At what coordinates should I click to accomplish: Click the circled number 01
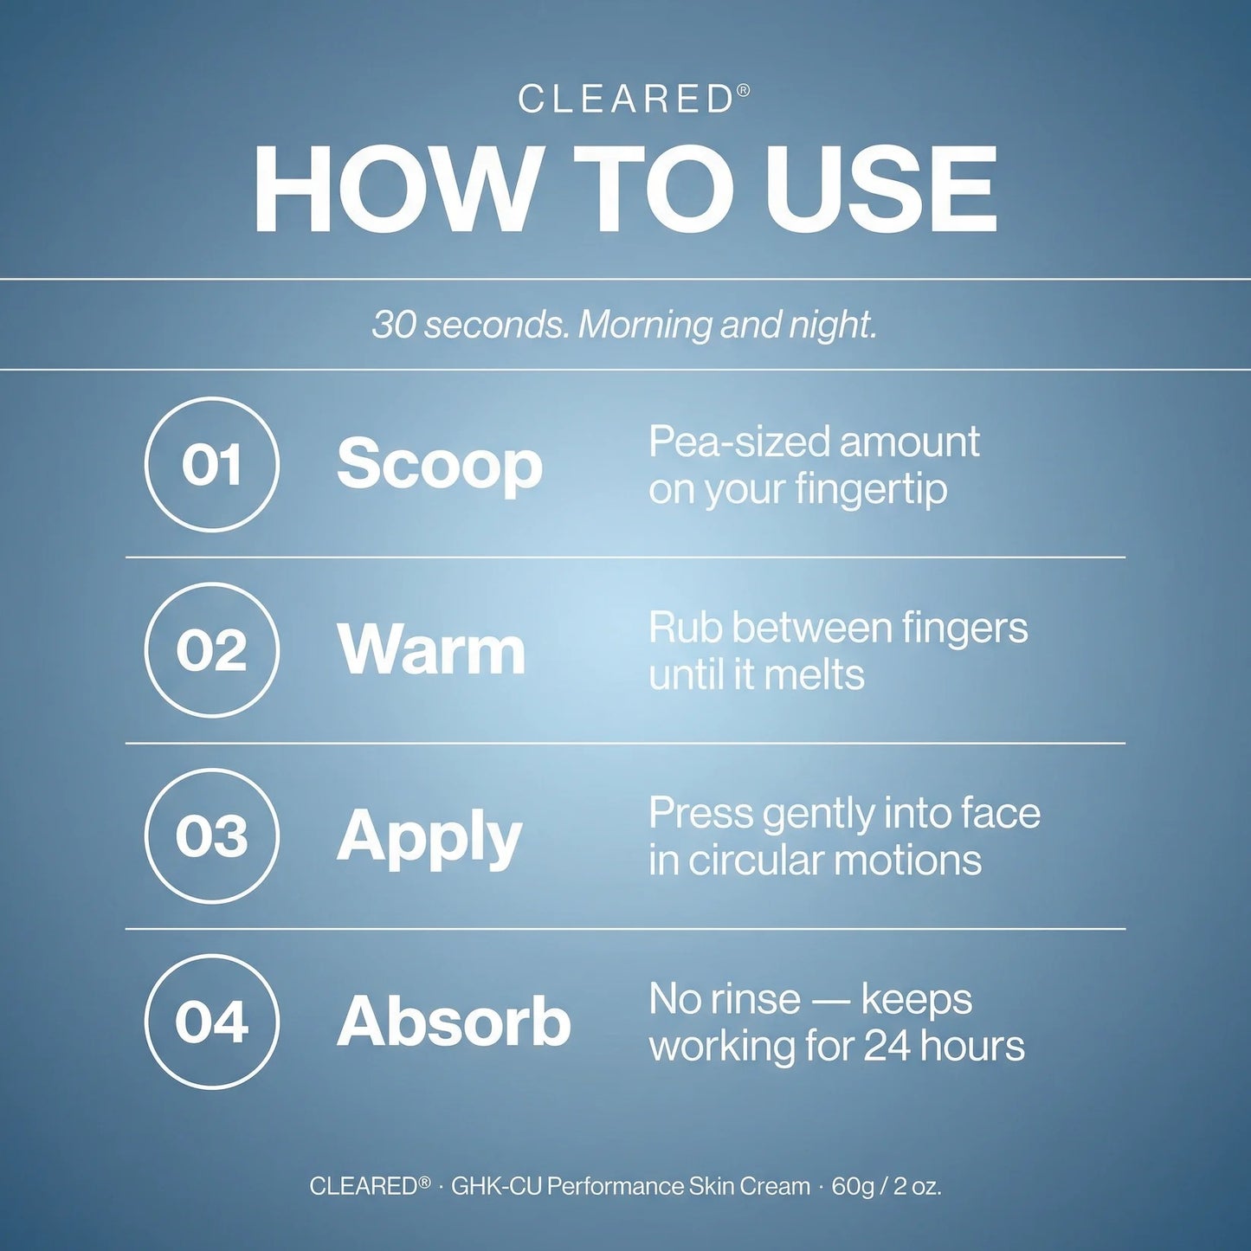tap(211, 465)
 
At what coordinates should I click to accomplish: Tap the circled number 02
tap(211, 650)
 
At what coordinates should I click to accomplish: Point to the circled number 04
tap(211, 1022)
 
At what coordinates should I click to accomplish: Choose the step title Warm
tap(431, 651)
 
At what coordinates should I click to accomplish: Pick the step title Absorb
tap(454, 1022)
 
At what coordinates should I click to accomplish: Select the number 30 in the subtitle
tap(393, 326)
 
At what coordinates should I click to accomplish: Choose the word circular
tap(757, 861)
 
